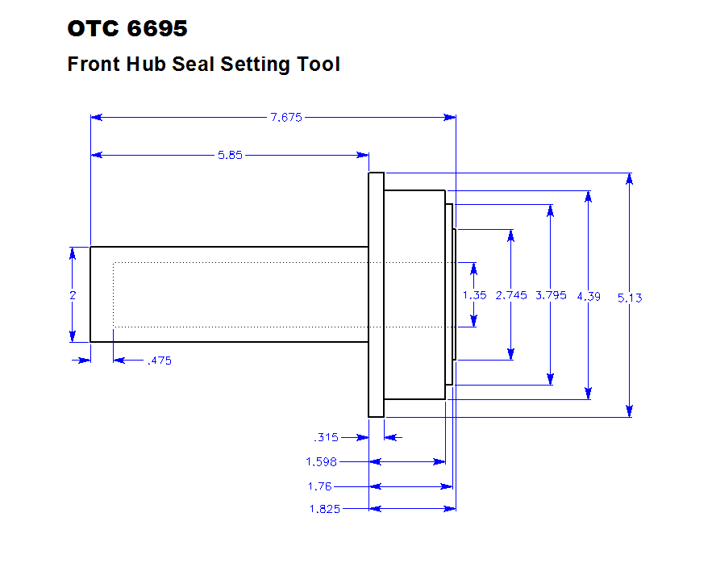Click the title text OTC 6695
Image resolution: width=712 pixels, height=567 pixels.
tap(127, 29)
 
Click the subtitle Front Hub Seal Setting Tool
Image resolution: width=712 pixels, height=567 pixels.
tap(203, 65)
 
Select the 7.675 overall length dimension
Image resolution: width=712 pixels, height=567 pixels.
tap(286, 117)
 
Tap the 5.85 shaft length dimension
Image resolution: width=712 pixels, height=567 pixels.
tap(230, 155)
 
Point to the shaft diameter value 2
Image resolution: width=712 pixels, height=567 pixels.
tap(73, 295)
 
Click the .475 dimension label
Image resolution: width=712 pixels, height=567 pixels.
tap(159, 361)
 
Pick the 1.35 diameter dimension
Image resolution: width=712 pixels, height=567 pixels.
tap(474, 295)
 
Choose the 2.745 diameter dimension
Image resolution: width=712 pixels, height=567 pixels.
tap(511, 295)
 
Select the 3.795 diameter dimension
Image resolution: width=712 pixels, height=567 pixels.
tap(551, 295)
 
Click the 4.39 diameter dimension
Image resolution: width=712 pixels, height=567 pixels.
tap(589, 296)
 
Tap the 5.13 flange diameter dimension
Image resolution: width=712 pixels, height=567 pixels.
tap(630, 298)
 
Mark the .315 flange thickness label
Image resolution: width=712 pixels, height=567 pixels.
tap(326, 438)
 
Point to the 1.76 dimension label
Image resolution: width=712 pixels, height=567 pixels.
tap(321, 486)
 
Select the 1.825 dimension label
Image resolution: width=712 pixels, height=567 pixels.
tap(324, 509)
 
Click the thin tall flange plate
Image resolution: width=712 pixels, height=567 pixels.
tap(376, 295)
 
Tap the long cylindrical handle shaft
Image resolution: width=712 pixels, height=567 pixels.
tap(229, 294)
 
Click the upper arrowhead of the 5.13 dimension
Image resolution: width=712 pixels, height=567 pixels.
tap(630, 180)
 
